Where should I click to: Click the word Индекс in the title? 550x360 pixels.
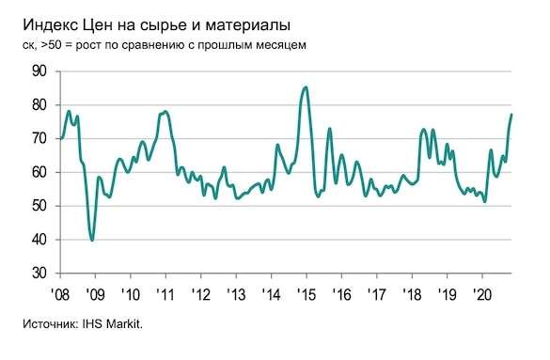point(45,21)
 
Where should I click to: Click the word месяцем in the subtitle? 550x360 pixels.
point(276,44)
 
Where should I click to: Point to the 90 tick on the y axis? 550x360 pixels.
point(39,70)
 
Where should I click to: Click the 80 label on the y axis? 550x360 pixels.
point(39,104)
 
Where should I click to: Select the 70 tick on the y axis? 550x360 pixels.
point(39,138)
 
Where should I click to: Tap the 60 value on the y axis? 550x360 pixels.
point(39,172)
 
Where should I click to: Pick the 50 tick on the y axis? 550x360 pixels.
point(39,206)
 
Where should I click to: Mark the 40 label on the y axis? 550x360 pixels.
point(39,240)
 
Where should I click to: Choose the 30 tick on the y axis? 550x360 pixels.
point(39,274)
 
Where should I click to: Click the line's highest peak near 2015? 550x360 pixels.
point(306,87)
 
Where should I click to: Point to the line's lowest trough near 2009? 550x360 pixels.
point(92,240)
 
